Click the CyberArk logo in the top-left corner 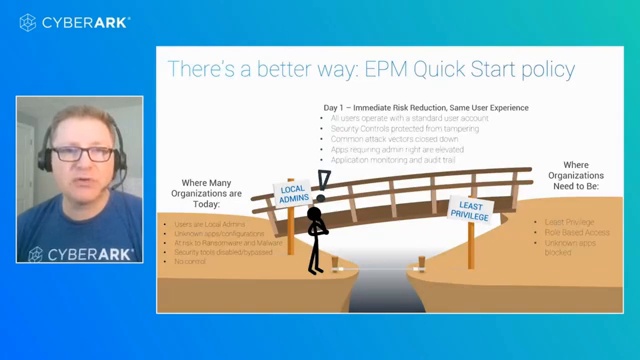(71, 21)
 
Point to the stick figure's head (316, 214)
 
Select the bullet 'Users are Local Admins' (209, 224)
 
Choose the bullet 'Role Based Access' (577, 232)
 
